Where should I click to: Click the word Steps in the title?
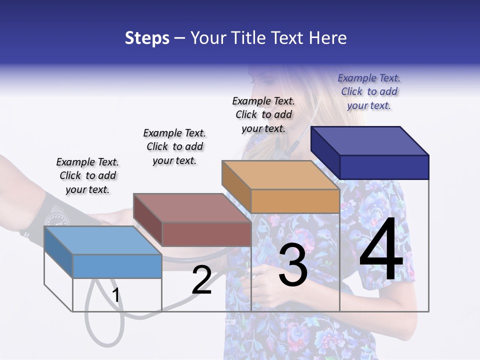tap(147, 38)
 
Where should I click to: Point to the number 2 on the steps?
tap(201, 280)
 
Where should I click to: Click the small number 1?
tap(116, 295)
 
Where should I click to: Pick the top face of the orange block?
tap(280, 175)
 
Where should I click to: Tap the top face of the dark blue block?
tap(370, 140)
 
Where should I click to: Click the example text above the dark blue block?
tap(369, 91)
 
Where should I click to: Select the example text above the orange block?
tap(263, 114)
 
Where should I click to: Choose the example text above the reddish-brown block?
tap(174, 146)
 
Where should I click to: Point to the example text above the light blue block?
tap(87, 175)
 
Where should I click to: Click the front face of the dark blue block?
tap(384, 167)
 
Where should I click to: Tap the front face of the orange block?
tap(295, 201)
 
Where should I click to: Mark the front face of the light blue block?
tap(117, 266)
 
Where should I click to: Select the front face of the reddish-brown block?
tap(206, 233)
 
